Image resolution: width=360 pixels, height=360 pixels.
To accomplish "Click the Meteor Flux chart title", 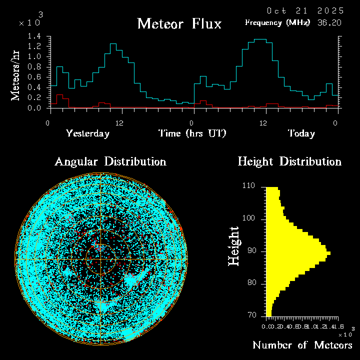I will coord(179,23).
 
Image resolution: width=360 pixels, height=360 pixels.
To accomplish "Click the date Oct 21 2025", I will coord(304,10).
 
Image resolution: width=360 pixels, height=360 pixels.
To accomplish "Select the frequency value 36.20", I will coord(330,22).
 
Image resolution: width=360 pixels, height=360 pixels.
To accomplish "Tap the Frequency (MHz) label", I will coord(277,22).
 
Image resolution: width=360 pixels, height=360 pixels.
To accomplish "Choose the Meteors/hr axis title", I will coord(16,75).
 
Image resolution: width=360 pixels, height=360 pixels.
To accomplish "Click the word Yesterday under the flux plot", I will coord(88,133).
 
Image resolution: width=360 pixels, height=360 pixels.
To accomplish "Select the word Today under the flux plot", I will coord(301,133).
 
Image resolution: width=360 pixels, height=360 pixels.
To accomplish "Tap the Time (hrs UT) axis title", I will coord(192,133).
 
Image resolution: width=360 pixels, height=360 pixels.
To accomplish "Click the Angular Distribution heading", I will coord(110,161).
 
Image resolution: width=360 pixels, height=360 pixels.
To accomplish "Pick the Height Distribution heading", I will coord(289,161).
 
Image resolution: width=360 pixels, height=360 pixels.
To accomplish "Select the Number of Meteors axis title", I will coord(302,345).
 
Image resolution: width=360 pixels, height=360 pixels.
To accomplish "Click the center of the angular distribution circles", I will coord(101,260).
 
